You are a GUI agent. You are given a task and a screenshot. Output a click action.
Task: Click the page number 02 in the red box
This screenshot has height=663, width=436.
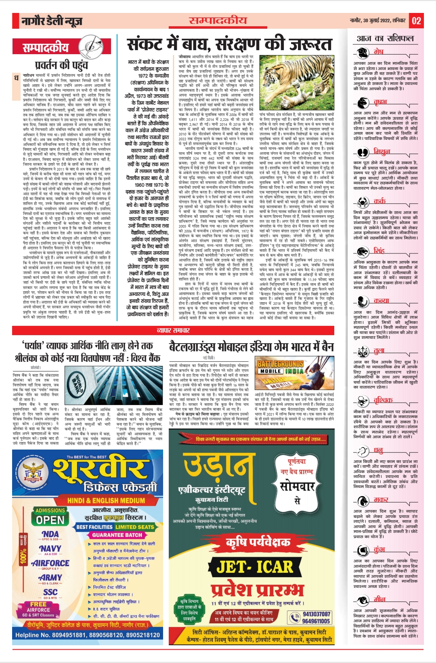click(416, 21)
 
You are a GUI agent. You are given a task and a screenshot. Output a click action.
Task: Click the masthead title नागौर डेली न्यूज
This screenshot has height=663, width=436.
click(52, 21)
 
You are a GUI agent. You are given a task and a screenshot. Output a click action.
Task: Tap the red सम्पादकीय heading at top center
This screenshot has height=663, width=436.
click(218, 20)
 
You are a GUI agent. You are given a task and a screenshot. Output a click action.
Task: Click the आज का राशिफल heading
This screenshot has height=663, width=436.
click(385, 38)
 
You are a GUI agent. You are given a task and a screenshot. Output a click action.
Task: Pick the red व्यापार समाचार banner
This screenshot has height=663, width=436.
click(173, 330)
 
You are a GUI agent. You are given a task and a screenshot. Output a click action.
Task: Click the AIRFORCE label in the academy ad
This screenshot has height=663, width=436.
click(50, 563)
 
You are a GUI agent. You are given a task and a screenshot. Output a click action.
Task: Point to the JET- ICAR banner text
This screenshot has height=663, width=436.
click(254, 567)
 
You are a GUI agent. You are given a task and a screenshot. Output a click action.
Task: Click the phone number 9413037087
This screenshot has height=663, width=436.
click(317, 614)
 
